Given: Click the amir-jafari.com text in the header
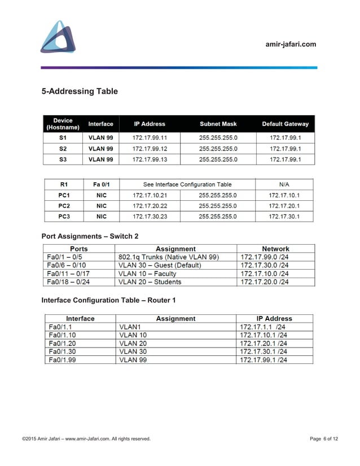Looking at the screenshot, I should point(291,44).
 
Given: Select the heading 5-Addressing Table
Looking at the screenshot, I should point(80,91).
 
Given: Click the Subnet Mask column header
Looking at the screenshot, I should point(218,124).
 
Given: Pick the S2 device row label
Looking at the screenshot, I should point(63,149).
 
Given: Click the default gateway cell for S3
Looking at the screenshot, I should point(285,160).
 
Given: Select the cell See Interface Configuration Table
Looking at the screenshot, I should point(187,184).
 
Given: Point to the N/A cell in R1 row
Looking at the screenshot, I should point(284,184).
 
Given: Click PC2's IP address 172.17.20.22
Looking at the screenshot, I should point(150,206).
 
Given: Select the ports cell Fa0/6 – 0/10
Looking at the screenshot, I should point(67,265).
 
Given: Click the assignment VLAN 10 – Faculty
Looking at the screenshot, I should point(147,273).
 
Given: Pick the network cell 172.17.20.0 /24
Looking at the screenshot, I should point(265,282).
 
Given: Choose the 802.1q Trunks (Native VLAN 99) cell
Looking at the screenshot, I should point(169,257).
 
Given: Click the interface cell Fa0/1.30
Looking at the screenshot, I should point(63,351).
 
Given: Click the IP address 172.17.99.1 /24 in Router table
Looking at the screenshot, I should point(264,360).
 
